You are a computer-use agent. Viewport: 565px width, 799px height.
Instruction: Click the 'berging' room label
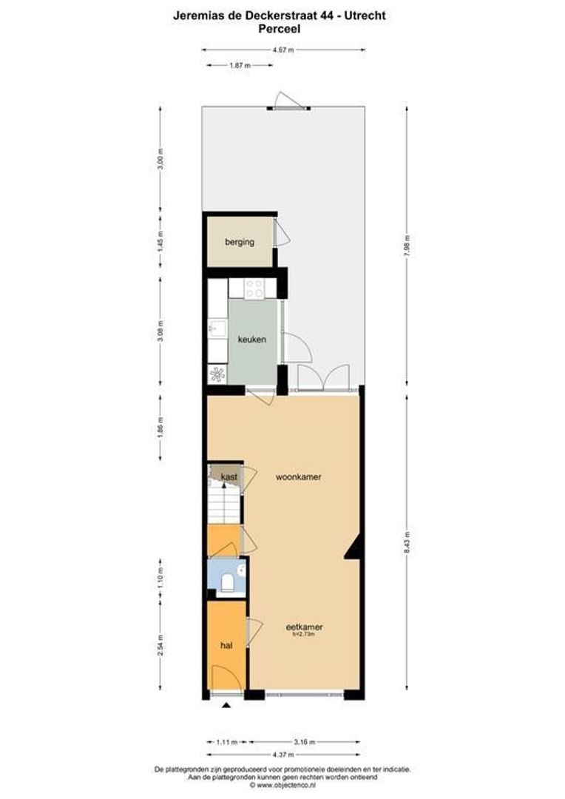(240, 242)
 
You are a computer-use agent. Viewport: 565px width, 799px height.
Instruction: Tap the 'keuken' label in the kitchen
(251, 340)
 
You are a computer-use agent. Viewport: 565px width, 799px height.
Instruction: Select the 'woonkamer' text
(298, 477)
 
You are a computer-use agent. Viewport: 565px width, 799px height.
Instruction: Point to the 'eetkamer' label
(305, 628)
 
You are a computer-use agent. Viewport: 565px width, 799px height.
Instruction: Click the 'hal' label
(226, 646)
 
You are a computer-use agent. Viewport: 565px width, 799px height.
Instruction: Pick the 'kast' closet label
(229, 477)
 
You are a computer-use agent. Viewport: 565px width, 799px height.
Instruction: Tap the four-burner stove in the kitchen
(254, 289)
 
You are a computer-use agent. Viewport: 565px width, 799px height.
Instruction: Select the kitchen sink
(217, 326)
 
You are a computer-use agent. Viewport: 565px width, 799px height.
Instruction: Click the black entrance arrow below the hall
(226, 707)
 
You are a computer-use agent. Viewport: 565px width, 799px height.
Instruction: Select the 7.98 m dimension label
(407, 244)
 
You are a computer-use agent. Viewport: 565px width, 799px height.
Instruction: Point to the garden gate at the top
(287, 104)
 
